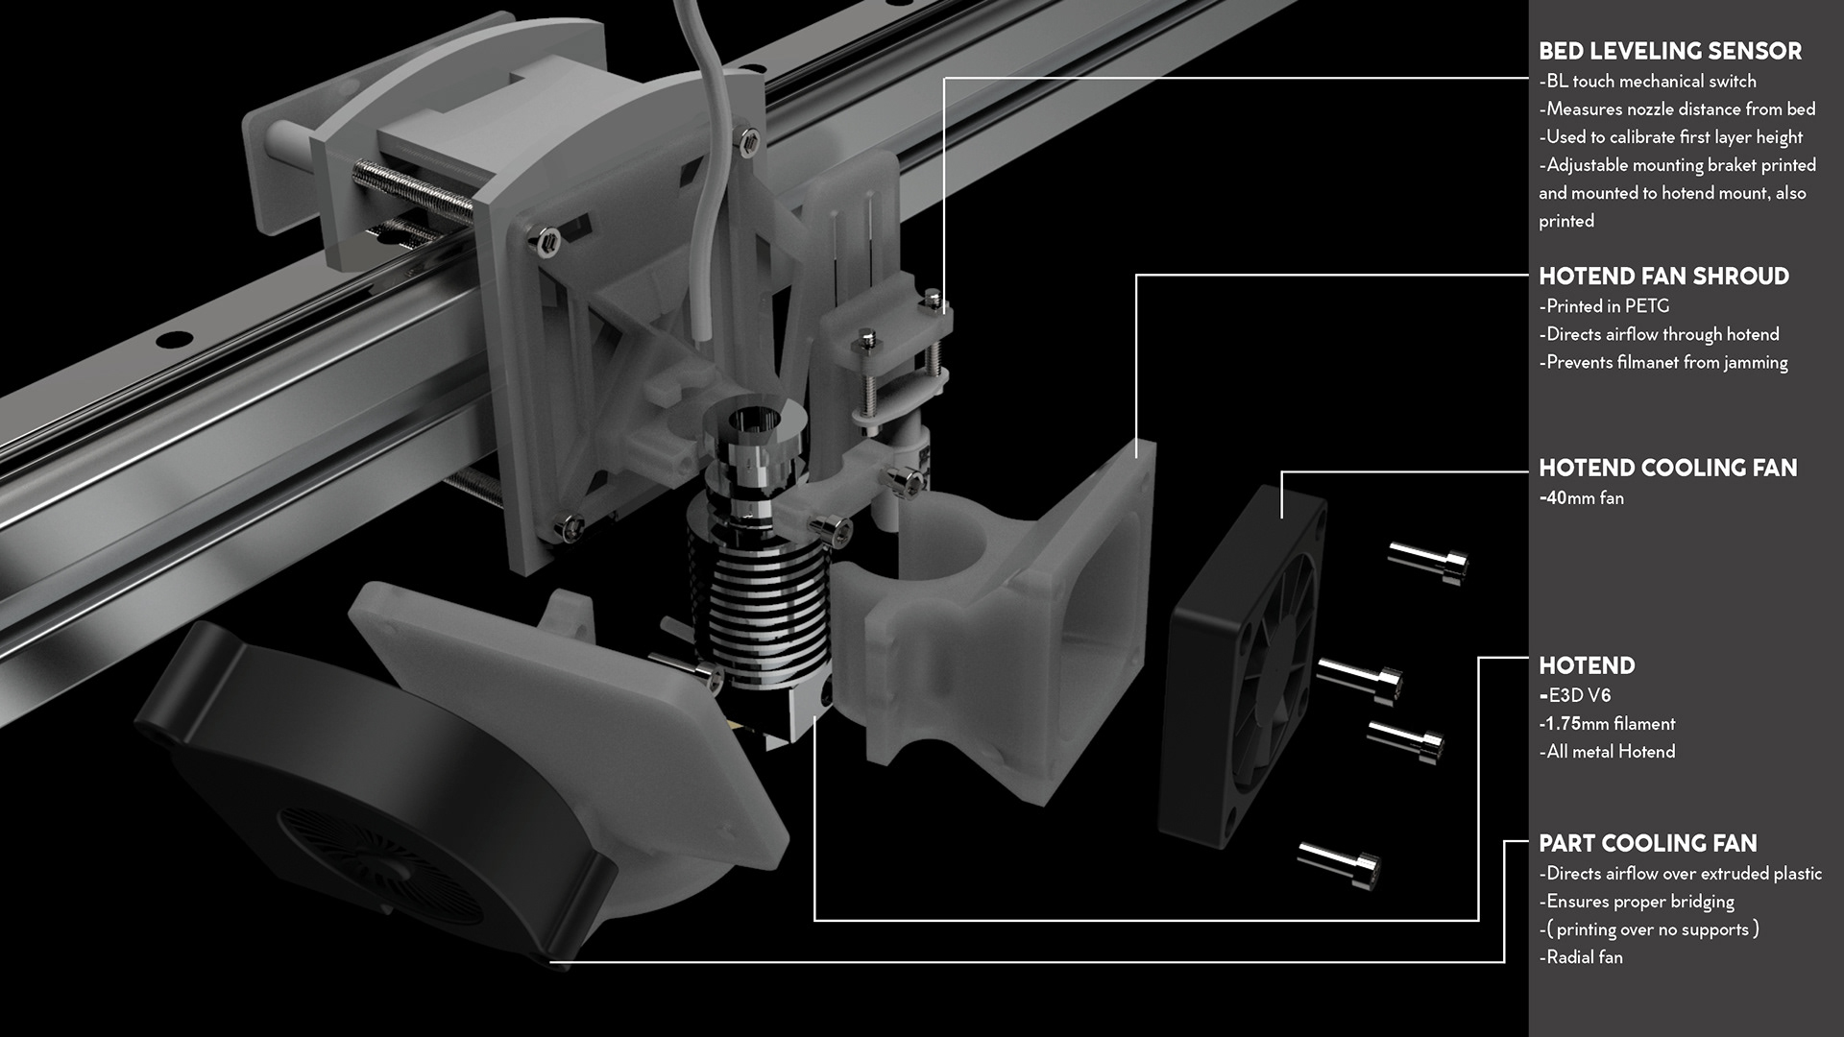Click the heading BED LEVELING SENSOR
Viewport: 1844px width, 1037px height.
[x=1670, y=51]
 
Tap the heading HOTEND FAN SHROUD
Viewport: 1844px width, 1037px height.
[x=1663, y=277]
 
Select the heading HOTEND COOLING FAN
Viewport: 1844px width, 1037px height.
[x=1667, y=468]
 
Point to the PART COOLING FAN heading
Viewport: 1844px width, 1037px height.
[x=1648, y=843]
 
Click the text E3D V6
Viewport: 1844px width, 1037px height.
[x=1580, y=695]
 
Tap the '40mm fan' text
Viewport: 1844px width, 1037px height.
[x=1585, y=498]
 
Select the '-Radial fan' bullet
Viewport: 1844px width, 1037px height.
[x=1581, y=957]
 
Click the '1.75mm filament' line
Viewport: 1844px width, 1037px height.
[x=1611, y=724]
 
